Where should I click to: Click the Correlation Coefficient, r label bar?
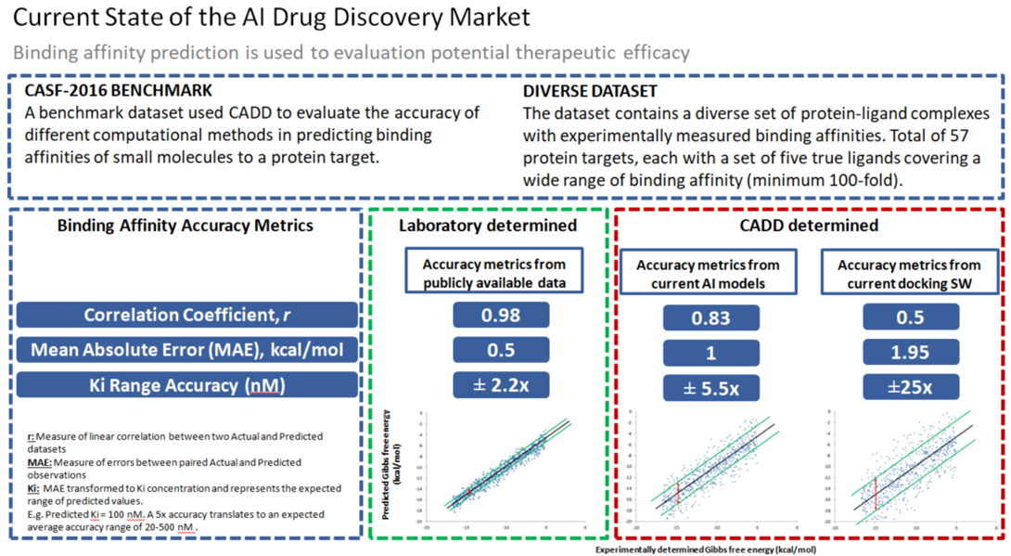[186, 316]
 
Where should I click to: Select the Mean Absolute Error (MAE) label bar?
[186, 350]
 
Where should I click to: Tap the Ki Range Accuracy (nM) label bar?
[186, 384]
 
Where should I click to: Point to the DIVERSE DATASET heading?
[590, 92]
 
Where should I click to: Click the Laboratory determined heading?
[487, 226]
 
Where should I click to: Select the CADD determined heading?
[812, 226]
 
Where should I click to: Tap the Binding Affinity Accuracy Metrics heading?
[186, 226]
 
